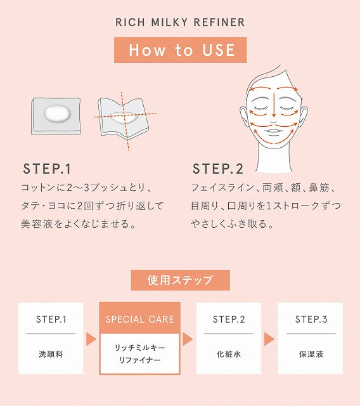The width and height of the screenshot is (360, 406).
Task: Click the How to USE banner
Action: point(180,49)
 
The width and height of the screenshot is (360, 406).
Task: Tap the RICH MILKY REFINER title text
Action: point(180,22)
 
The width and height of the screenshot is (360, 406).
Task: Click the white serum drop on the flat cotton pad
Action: point(57,114)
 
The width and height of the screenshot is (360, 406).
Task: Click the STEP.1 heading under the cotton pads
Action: point(47,169)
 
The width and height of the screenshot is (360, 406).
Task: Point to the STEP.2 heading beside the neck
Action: point(218,169)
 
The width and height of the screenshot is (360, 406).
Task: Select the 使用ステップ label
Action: point(180,280)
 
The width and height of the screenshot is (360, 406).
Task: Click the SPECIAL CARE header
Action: point(139,319)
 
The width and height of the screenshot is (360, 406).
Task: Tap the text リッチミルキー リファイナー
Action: point(139,353)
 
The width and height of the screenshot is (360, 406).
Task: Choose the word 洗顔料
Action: point(51,354)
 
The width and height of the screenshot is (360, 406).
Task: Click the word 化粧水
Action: point(229,354)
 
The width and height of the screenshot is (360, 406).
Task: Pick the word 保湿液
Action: point(311,354)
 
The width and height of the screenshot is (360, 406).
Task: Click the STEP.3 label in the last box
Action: point(311,319)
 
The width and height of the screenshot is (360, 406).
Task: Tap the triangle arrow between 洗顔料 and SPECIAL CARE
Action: point(91,339)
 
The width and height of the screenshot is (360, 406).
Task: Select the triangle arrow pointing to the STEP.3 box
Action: point(269,339)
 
